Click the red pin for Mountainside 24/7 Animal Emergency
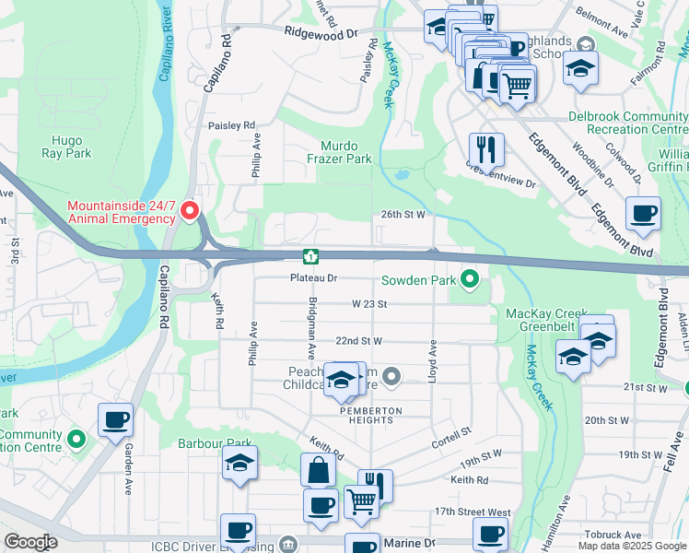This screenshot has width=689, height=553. point(191,211)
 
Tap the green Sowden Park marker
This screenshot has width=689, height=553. point(469,277)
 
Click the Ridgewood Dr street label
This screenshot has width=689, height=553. point(321,33)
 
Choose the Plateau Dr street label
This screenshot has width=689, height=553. point(314,277)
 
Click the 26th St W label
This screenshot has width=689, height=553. point(403,214)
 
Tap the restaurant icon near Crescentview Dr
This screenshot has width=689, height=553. point(485,147)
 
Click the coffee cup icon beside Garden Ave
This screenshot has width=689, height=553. point(116,419)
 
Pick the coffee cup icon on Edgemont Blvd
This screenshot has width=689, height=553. point(643,213)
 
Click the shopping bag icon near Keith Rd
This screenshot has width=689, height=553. point(318,469)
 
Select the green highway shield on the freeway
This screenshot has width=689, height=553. point(312,255)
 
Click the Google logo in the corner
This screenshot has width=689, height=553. point(30,542)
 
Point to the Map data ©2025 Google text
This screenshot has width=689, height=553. point(632,546)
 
